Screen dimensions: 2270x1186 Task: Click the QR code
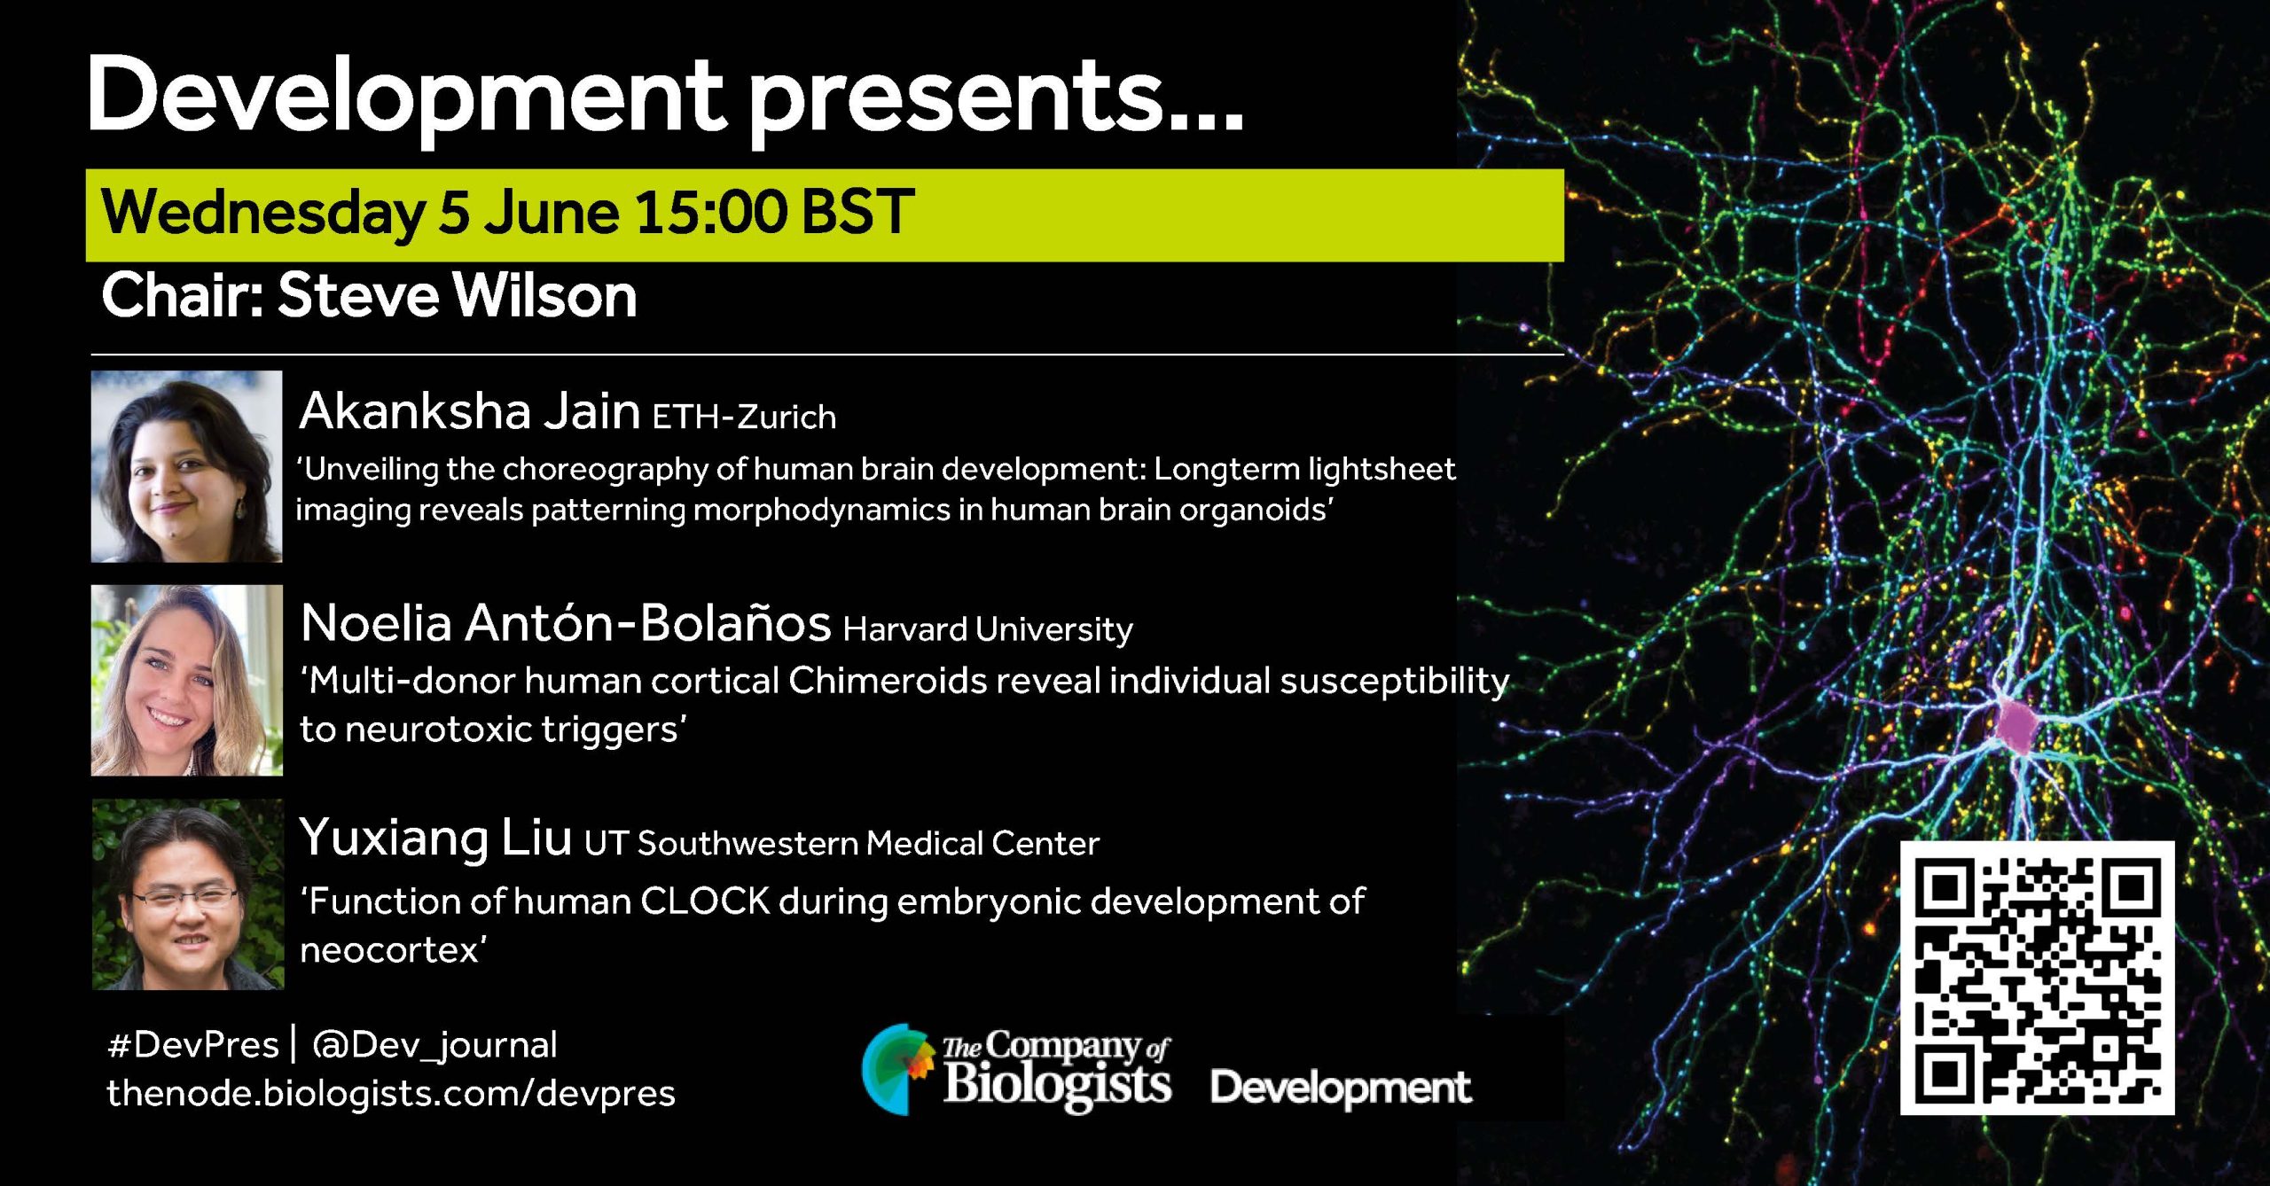pyautogui.click(x=2037, y=978)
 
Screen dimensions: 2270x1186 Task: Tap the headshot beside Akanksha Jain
pyautogui.click(x=187, y=466)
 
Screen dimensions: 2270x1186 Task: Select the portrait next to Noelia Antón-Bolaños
pyautogui.click(x=187, y=680)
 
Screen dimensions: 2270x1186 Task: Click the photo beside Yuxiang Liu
pyautogui.click(x=188, y=893)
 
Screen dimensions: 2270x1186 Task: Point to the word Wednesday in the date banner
pyautogui.click(x=263, y=214)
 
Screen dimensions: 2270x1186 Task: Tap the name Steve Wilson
pyautogui.click(x=458, y=295)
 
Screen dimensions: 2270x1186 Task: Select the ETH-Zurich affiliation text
pyautogui.click(x=744, y=417)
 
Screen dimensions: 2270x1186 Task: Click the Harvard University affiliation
pyautogui.click(x=988, y=629)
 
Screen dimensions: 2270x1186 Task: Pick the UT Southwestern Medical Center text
pyautogui.click(x=841, y=843)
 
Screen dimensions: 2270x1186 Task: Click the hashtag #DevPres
pyautogui.click(x=192, y=1045)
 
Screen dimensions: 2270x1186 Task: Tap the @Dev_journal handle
pyautogui.click(x=434, y=1046)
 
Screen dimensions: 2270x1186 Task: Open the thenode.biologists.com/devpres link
pyautogui.click(x=391, y=1094)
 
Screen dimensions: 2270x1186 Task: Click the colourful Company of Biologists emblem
pyautogui.click(x=898, y=1069)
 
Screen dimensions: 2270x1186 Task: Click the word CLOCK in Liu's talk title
pyautogui.click(x=705, y=901)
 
